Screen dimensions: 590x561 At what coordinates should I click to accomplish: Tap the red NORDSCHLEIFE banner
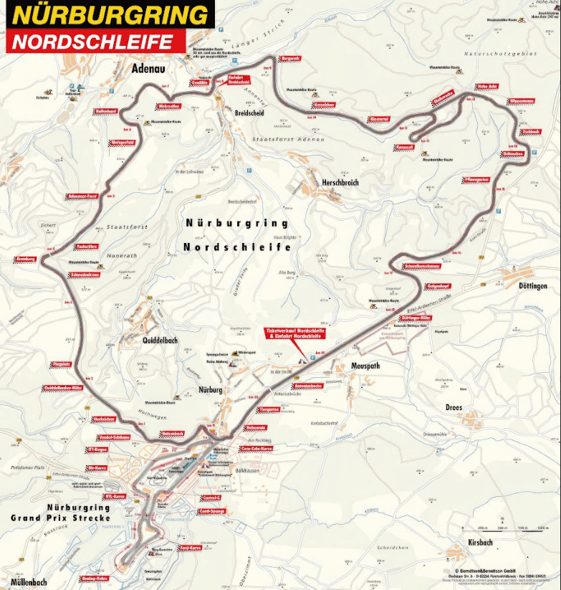93,41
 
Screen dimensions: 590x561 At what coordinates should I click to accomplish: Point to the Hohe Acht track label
486,87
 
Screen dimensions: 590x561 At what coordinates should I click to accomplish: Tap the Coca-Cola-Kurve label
256,449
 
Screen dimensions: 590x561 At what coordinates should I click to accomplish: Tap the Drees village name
454,408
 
